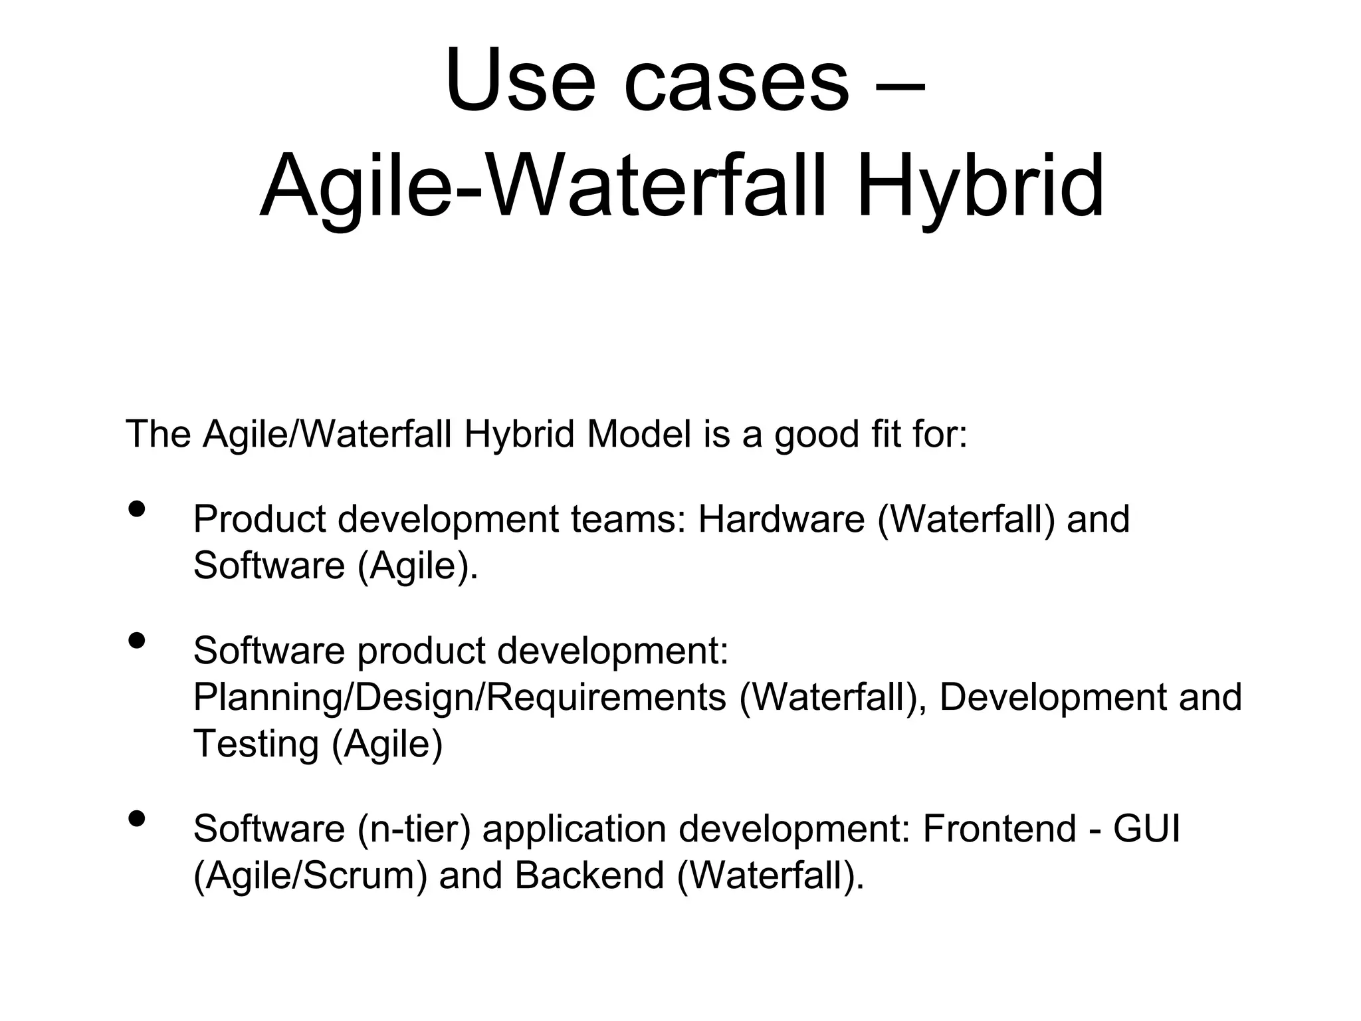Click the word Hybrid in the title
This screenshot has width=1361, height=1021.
click(x=981, y=186)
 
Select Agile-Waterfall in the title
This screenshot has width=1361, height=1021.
click(x=543, y=186)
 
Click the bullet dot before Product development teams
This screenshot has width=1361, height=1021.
click(x=137, y=509)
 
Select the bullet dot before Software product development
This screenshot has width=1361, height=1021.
click(x=137, y=640)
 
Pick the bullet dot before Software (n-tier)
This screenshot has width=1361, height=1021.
click(x=137, y=818)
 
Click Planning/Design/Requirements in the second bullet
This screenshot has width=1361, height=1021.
click(x=459, y=698)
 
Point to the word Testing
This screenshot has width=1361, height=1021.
click(x=256, y=744)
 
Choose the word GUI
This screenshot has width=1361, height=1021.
click(x=1146, y=829)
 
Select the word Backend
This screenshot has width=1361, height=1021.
click(x=589, y=875)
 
